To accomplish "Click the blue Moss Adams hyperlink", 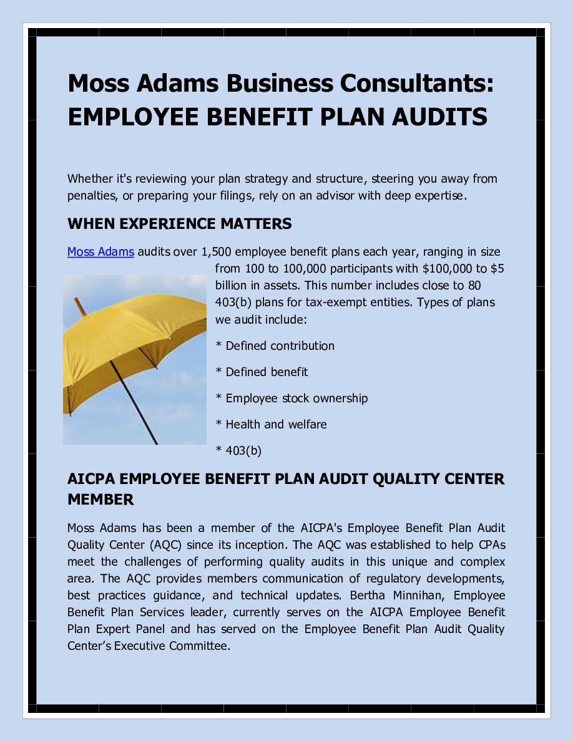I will [x=100, y=252].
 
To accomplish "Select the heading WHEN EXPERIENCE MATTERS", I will [x=179, y=224].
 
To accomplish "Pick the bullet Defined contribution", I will [x=280, y=346].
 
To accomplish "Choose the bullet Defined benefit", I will [x=267, y=372].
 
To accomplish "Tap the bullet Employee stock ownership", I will [x=296, y=398].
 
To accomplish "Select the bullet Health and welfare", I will [x=276, y=424].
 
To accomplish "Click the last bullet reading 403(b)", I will [x=243, y=450].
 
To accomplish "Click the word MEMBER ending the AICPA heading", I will [x=100, y=500].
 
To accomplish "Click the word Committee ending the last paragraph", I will [x=199, y=646].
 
